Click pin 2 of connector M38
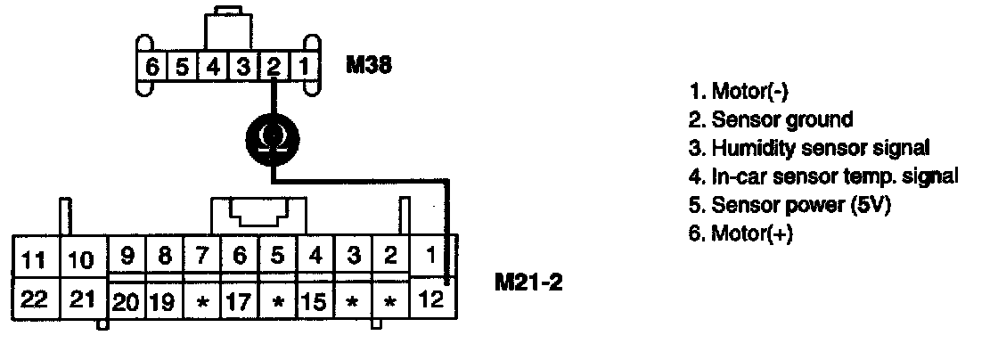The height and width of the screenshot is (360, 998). point(274,66)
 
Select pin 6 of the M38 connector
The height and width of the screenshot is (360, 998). point(152,66)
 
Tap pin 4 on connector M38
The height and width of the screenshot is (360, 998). point(213,66)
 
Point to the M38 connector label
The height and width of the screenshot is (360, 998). point(368,65)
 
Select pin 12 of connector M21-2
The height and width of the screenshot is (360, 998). point(431,299)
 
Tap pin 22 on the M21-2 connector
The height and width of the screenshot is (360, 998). point(33,299)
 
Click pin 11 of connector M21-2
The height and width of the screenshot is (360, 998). point(33,260)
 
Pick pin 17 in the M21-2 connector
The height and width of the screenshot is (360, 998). point(239,300)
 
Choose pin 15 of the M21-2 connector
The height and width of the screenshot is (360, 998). point(315,300)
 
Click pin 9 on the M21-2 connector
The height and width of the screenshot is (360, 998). point(127,257)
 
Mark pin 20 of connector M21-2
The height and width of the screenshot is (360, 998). point(127,300)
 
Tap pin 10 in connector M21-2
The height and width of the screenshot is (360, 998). point(81,260)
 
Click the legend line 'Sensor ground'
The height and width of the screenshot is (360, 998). point(770,119)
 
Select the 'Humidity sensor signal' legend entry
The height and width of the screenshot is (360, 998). point(808,147)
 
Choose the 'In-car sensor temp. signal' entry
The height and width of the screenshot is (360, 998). point(823,176)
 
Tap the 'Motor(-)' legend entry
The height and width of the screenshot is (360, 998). point(739,91)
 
